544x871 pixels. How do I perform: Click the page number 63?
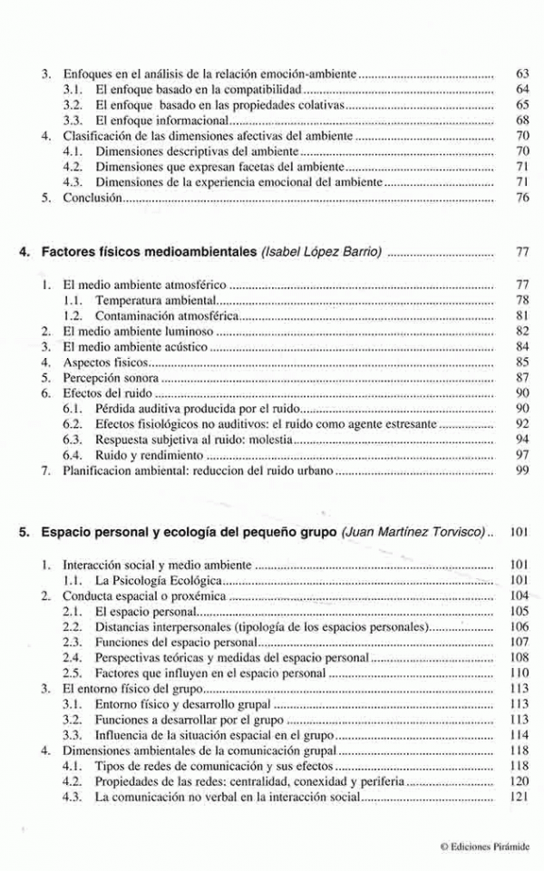pos(520,73)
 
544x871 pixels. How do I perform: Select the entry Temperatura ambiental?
pos(156,299)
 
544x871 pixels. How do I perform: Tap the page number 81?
pos(520,315)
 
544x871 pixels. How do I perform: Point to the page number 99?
pos(520,471)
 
